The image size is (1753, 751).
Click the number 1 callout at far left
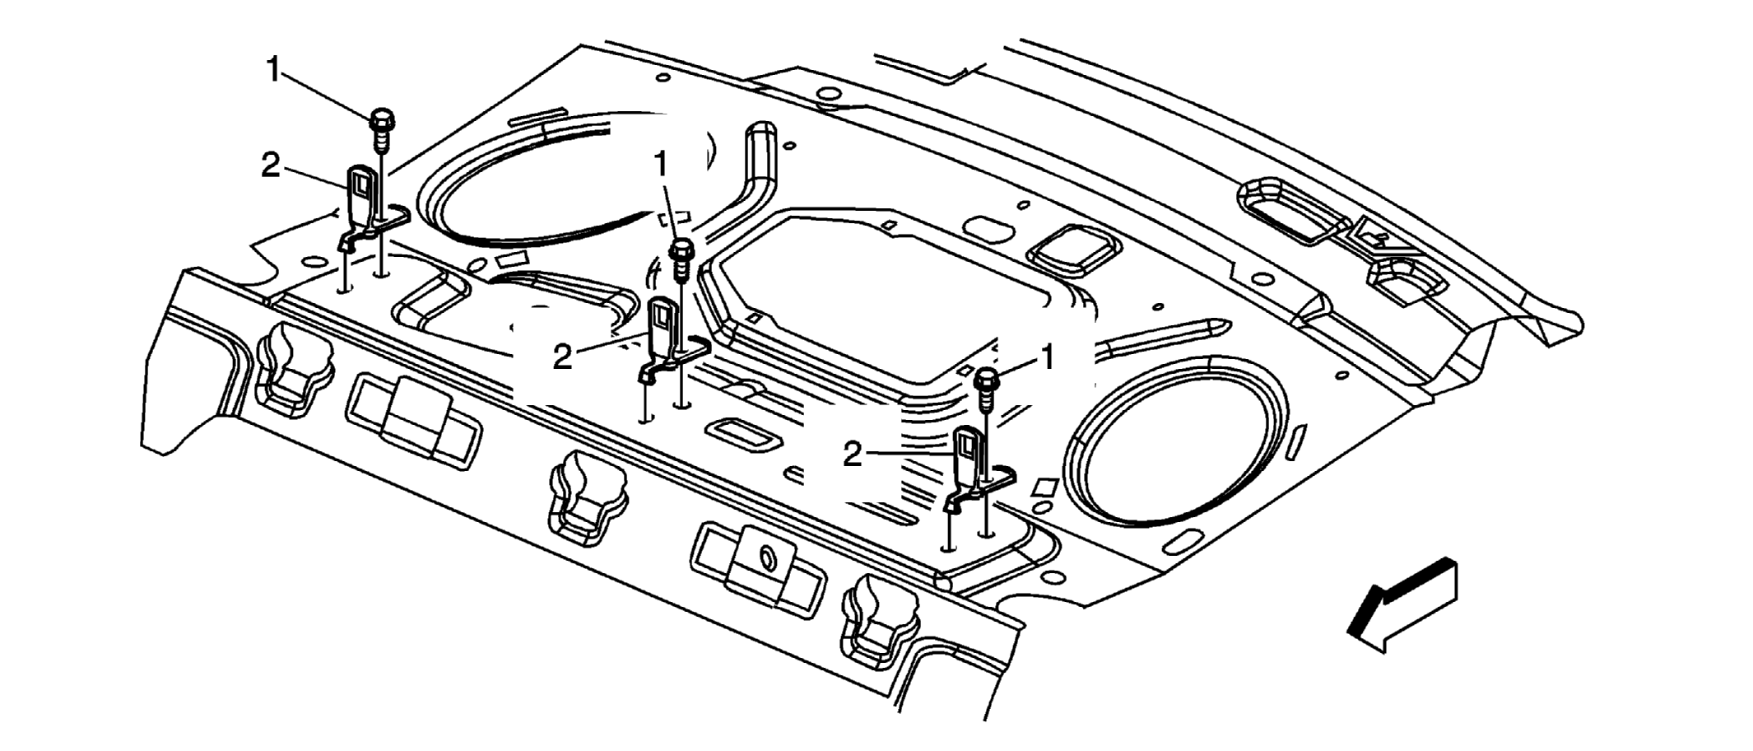[274, 70]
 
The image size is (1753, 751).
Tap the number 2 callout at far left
[271, 166]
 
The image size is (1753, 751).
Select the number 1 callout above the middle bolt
[661, 165]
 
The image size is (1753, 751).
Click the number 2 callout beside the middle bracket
[562, 357]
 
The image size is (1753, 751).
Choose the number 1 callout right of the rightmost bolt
[1048, 358]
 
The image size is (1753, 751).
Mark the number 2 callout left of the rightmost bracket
[853, 455]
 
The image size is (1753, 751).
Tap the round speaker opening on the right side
[1173, 441]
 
